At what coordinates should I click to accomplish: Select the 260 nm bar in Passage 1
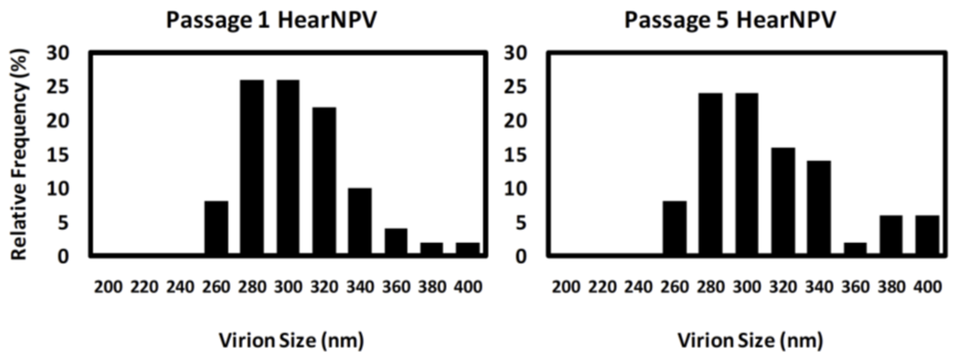pos(216,228)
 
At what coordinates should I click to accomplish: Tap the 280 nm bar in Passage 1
pos(251,167)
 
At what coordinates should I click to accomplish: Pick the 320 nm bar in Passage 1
pos(323,181)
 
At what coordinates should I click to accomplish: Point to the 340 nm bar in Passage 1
pos(360,222)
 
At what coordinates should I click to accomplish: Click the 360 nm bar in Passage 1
pos(395,242)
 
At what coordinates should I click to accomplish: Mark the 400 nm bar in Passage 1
pos(467,249)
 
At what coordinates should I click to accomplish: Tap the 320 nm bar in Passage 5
pos(781,201)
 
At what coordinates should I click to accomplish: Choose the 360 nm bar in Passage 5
pos(854,249)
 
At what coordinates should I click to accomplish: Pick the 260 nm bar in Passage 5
pos(673,228)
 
